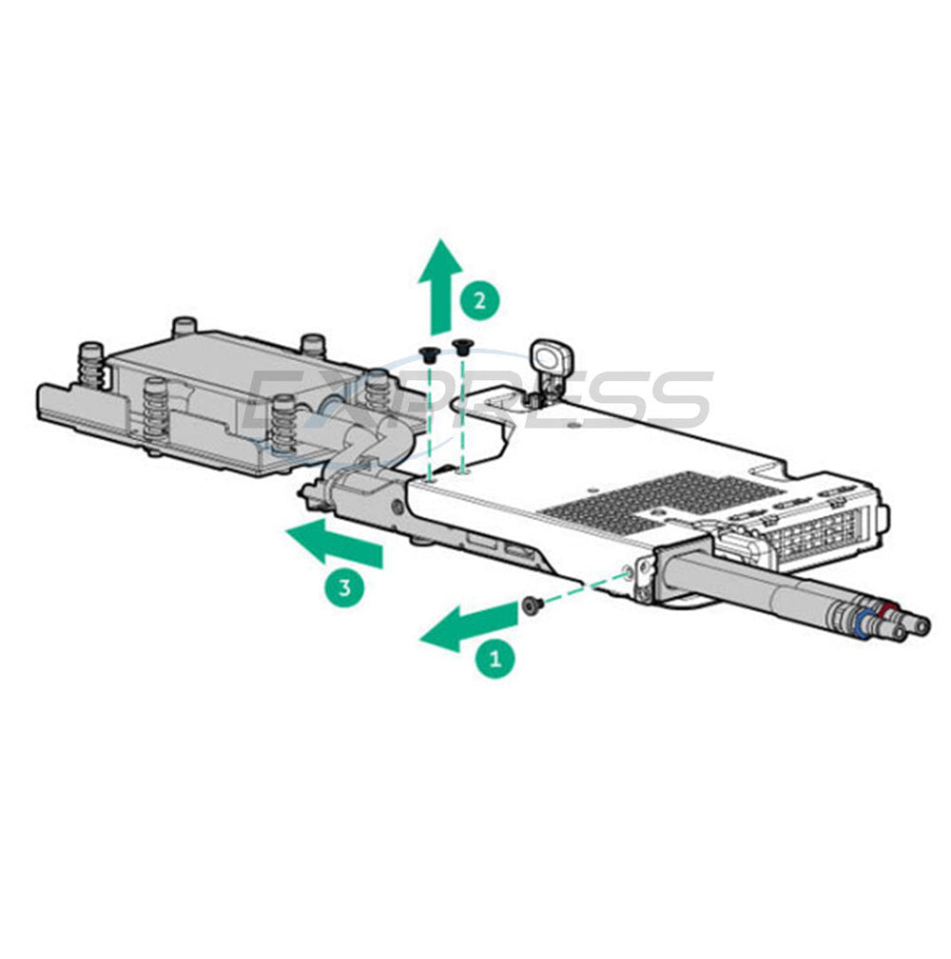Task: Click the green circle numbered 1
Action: tap(495, 659)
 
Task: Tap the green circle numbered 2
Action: tap(480, 299)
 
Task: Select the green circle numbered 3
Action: tap(344, 588)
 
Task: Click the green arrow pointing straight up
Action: tap(440, 284)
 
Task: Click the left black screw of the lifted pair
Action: tap(430, 354)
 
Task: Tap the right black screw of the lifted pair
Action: tap(462, 349)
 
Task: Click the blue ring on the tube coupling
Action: tap(864, 622)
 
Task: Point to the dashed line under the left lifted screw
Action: tap(431, 421)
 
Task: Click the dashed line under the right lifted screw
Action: tap(462, 415)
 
